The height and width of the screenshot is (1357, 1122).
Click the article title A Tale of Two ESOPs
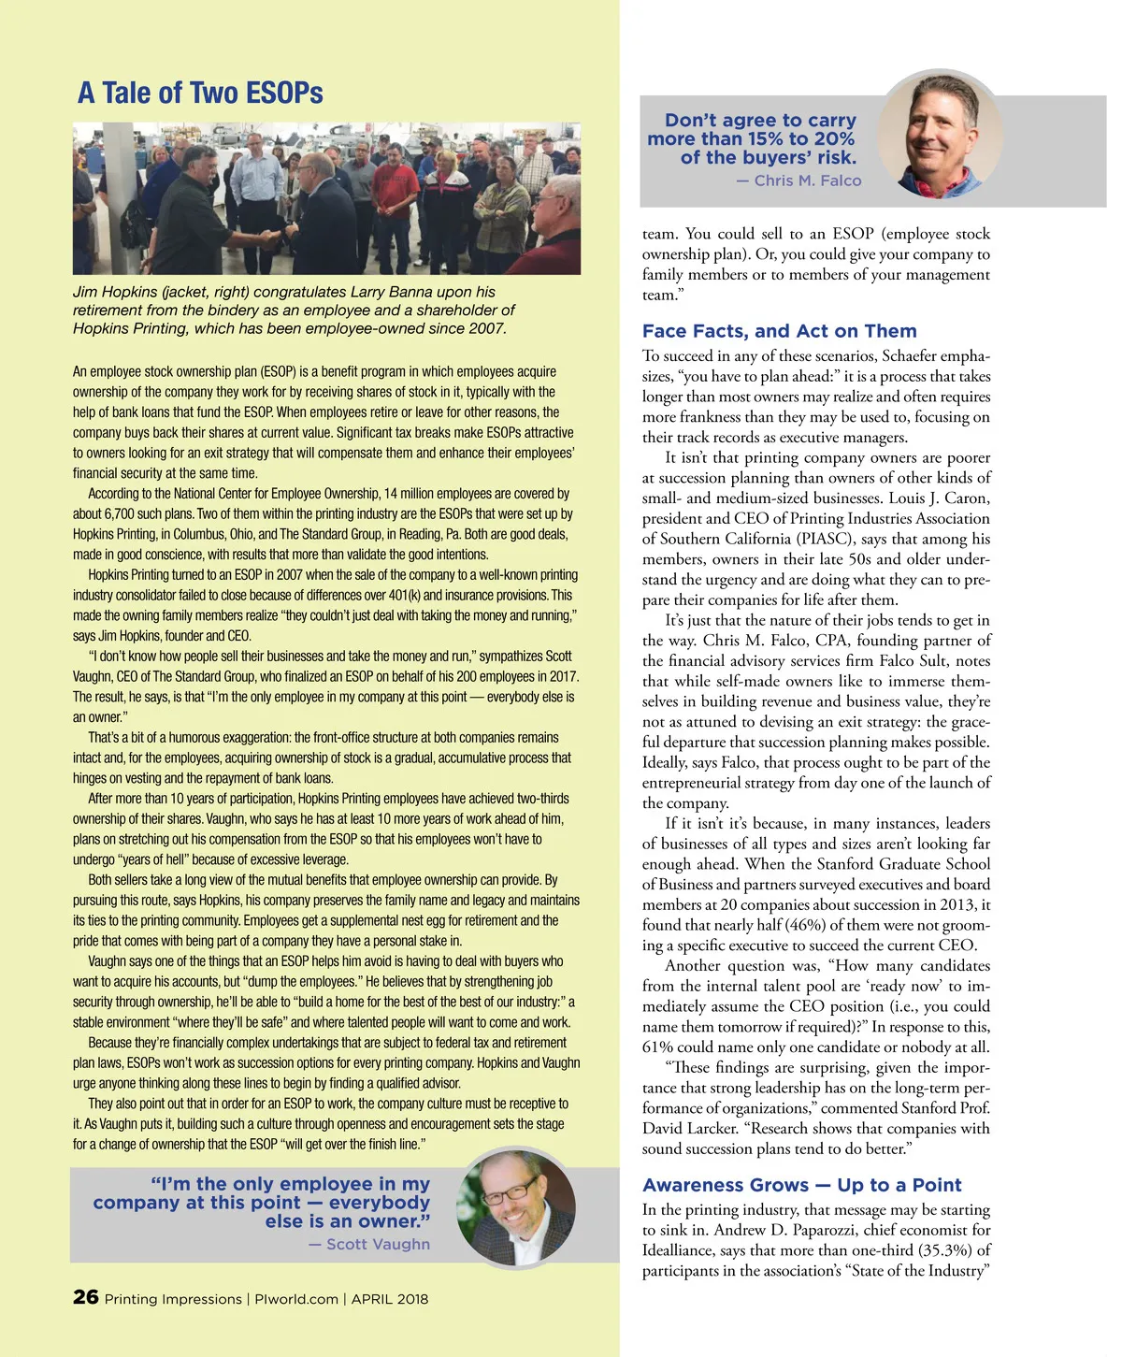(x=200, y=94)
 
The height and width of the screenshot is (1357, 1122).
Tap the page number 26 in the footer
(x=85, y=1297)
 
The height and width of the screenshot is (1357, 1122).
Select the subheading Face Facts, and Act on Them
(x=779, y=331)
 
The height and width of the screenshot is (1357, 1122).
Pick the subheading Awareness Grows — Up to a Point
(x=801, y=1185)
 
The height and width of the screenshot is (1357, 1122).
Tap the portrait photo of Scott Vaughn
(x=517, y=1208)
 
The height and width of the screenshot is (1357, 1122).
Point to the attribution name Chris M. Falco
(x=808, y=180)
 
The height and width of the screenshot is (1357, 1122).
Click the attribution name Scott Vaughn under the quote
(x=378, y=1244)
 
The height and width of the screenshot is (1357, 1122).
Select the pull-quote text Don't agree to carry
(x=760, y=121)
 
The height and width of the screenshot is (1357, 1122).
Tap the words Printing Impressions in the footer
(x=173, y=1299)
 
